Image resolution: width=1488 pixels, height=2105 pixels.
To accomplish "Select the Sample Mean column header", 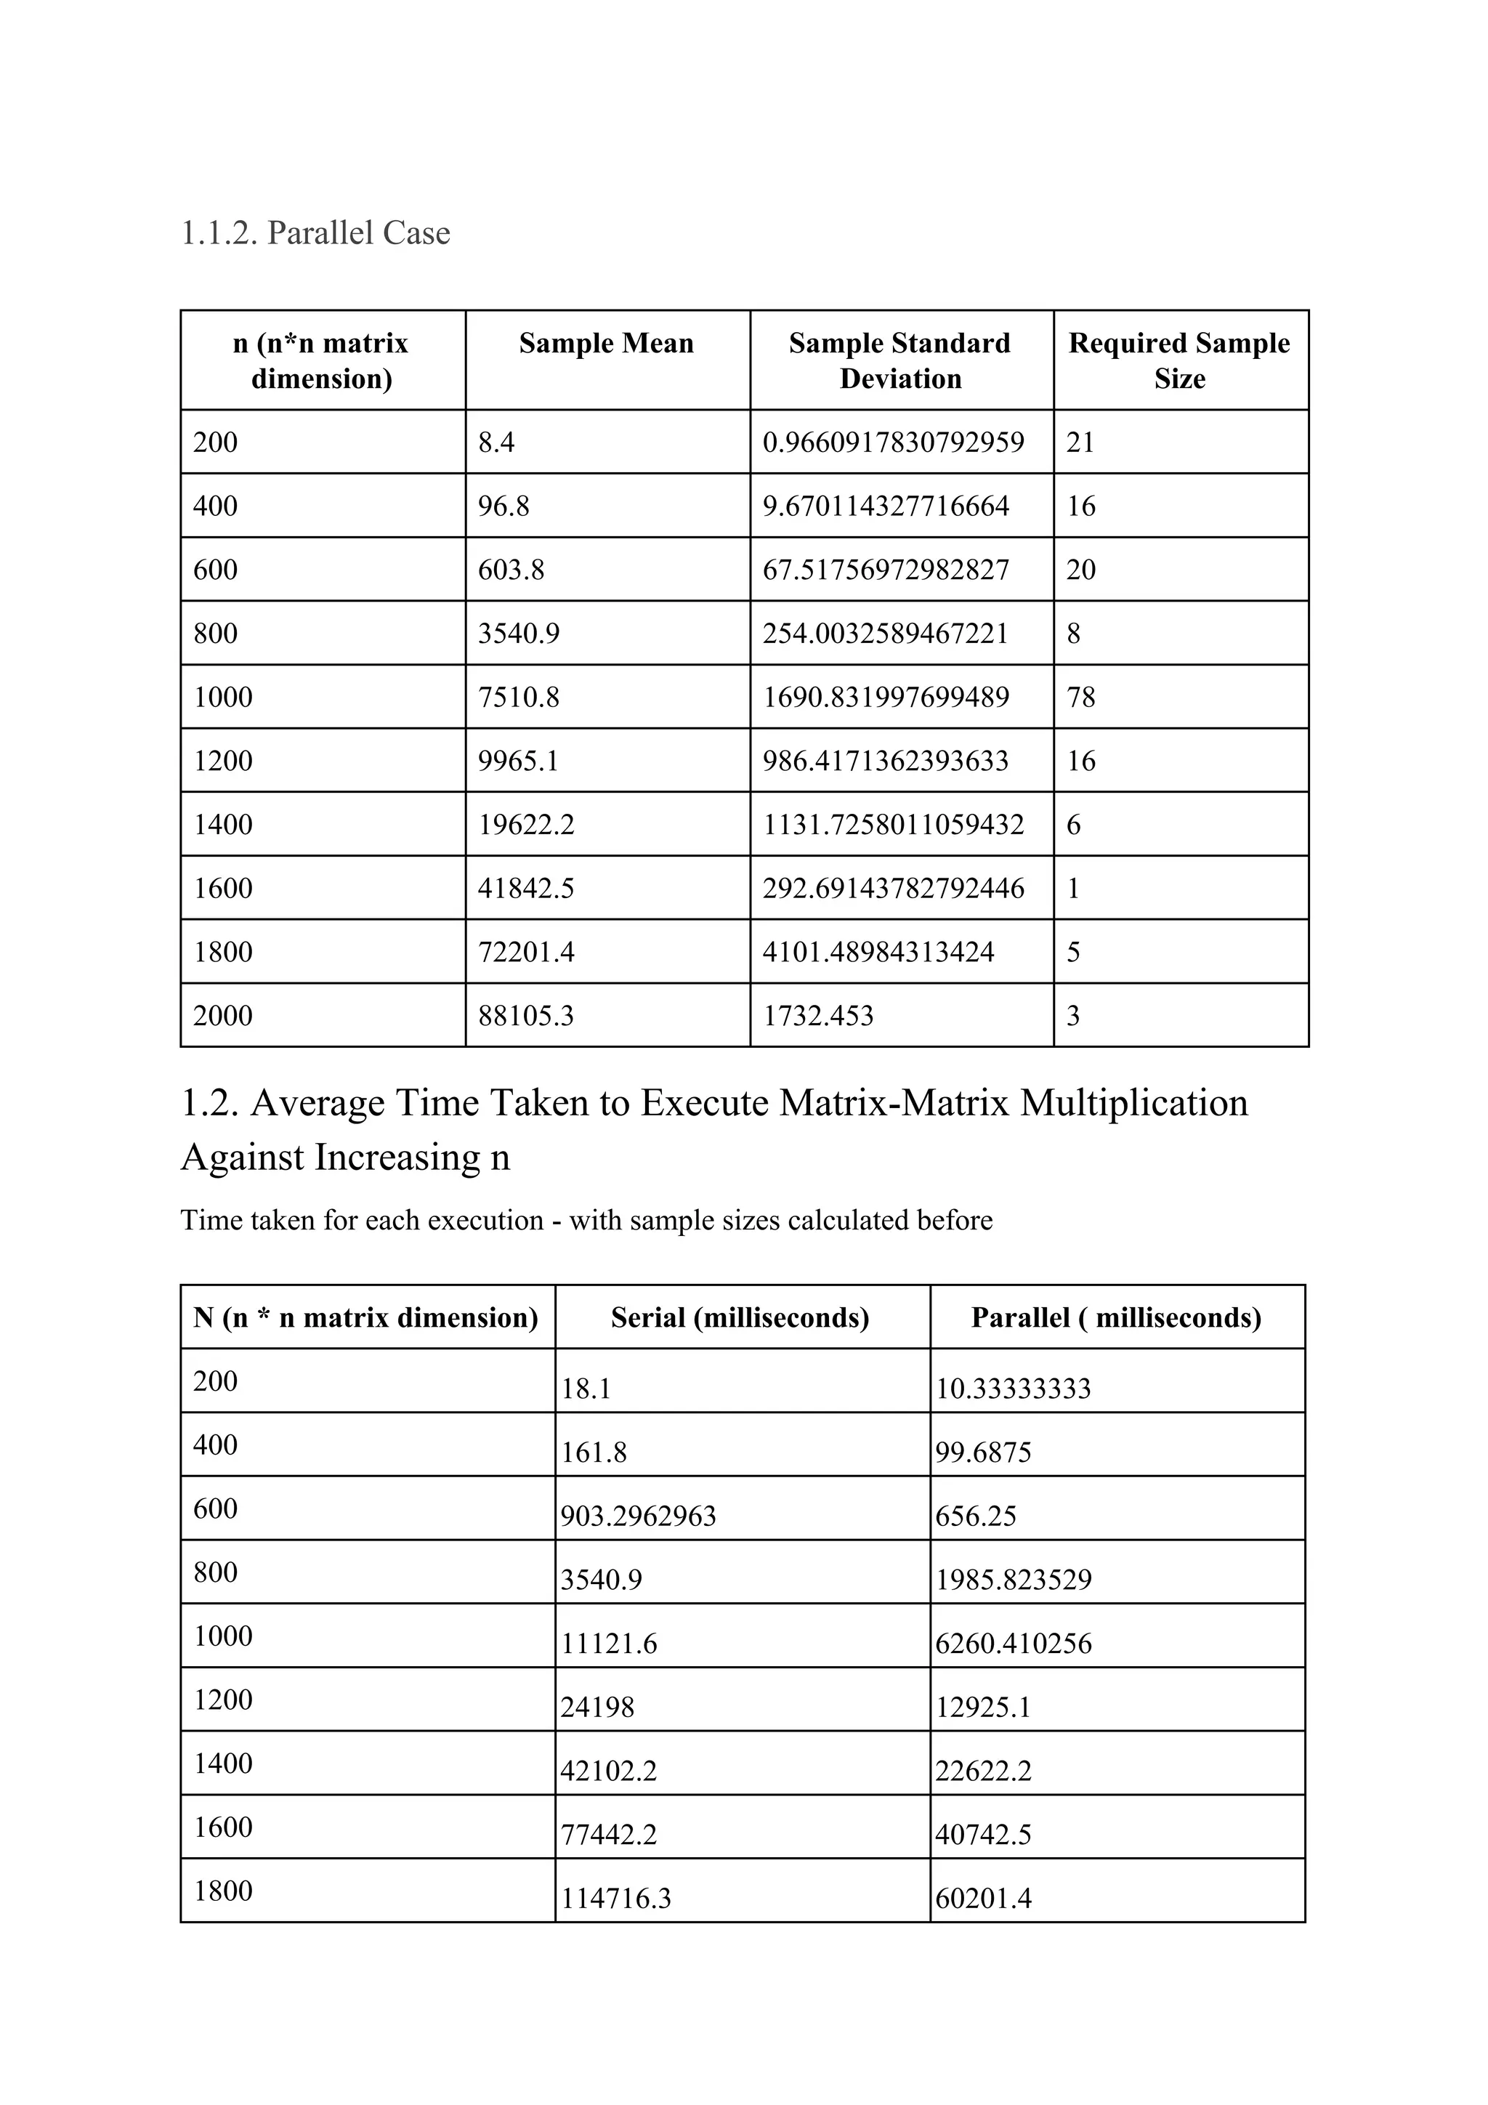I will [606, 343].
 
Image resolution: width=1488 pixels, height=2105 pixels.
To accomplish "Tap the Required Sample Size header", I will [1179, 360].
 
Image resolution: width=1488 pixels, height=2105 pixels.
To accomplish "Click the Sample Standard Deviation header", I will [899, 360].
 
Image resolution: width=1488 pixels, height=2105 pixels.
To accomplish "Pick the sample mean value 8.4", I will [496, 443].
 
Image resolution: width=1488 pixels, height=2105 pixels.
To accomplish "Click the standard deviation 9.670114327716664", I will [886, 506].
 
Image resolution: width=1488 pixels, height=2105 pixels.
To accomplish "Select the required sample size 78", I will [1081, 697].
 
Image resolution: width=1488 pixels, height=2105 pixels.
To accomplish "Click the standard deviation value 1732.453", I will [818, 1016].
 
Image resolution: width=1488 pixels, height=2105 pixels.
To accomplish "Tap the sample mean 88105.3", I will [525, 1016].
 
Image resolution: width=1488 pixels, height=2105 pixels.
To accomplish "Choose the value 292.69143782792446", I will [893, 889].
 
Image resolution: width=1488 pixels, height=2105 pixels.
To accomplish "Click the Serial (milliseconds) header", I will [740, 1317].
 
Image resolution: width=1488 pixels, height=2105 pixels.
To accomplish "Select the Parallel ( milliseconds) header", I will [1116, 1317].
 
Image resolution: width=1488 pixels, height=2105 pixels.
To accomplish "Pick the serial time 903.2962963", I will [638, 1516].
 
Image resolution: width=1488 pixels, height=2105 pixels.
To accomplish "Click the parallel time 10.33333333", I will [1013, 1388].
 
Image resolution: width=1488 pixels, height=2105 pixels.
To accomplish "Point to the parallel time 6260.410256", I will [1013, 1643].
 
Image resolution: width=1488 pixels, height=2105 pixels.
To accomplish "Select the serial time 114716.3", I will [615, 1898].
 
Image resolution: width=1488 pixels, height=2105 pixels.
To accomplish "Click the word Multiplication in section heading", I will [1133, 1102].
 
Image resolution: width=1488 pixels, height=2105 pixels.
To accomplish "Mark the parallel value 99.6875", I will [983, 1453].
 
